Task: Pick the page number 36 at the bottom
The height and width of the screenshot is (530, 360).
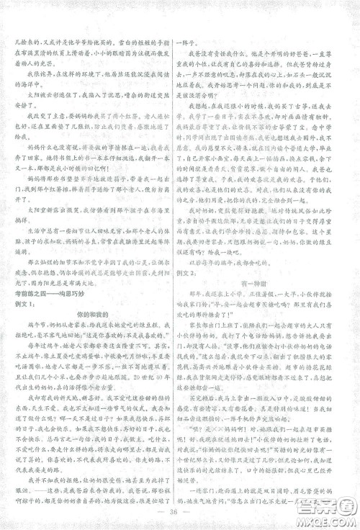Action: pos(179,514)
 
